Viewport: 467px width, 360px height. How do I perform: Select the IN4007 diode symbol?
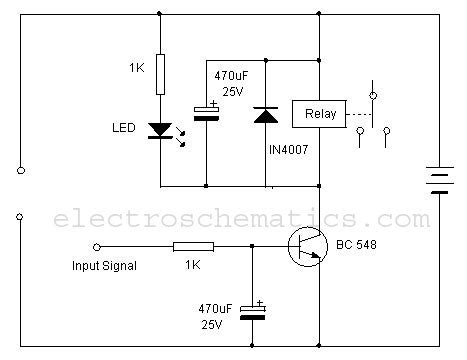click(265, 115)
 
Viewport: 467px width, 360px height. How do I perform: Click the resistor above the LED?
click(161, 72)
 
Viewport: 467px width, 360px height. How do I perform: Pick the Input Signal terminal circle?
click(97, 245)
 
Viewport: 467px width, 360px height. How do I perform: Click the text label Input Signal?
click(104, 265)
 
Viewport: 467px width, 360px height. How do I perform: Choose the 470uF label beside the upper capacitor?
click(233, 74)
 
